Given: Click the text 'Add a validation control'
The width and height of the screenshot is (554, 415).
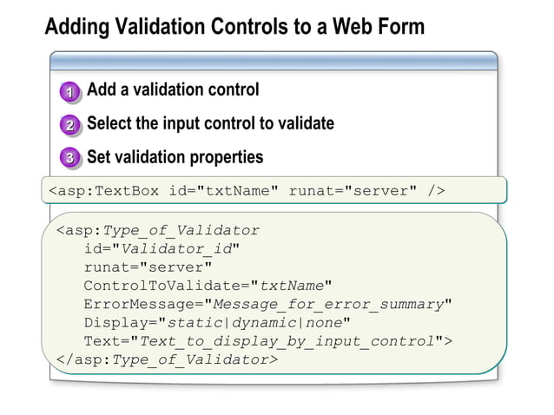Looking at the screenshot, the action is coord(173,89).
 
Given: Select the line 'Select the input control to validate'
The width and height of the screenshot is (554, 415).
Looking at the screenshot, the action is coord(210,123).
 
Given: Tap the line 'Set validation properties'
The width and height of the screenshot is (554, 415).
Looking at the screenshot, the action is coord(175,157).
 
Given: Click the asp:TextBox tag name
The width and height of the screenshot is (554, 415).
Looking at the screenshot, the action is coord(103,191).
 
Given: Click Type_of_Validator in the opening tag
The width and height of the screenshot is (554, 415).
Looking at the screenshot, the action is coord(181,231).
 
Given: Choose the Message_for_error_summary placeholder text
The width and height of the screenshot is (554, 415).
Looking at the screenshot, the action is coord(328,304).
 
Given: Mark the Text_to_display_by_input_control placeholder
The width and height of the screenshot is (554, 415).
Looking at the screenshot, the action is coord(287,340).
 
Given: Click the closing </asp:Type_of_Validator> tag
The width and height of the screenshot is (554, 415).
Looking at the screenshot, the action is coord(167,359).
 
